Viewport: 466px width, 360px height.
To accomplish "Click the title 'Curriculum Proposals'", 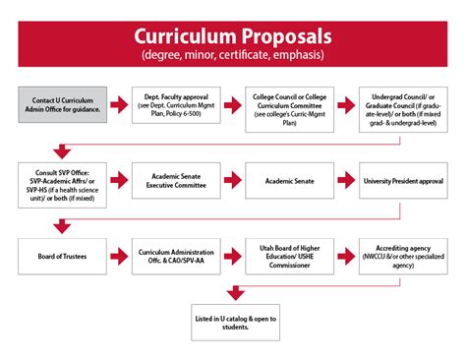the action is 233,35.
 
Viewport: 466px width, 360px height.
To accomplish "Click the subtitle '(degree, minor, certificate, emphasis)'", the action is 233,55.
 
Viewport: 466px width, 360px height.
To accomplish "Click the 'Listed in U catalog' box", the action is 233,320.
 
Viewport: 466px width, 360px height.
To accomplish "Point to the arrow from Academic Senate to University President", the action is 349,181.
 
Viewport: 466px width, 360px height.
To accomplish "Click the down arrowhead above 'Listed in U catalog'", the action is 233,293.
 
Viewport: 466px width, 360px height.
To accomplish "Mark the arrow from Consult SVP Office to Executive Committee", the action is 117,181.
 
